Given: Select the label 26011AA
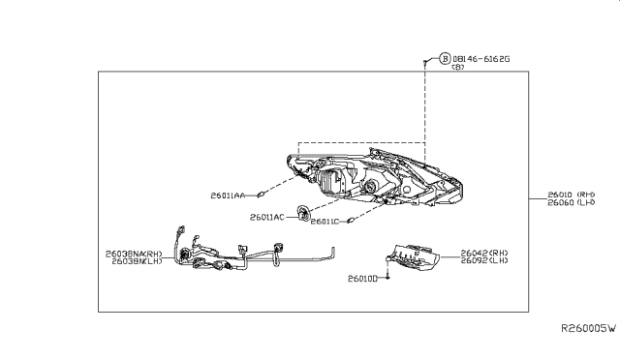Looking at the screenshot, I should pyautogui.click(x=227, y=195).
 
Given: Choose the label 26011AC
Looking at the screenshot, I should pyautogui.click(x=266, y=217).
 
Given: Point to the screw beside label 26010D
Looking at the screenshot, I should pyautogui.click(x=388, y=277).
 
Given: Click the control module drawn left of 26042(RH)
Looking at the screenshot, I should pyautogui.click(x=417, y=255).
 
